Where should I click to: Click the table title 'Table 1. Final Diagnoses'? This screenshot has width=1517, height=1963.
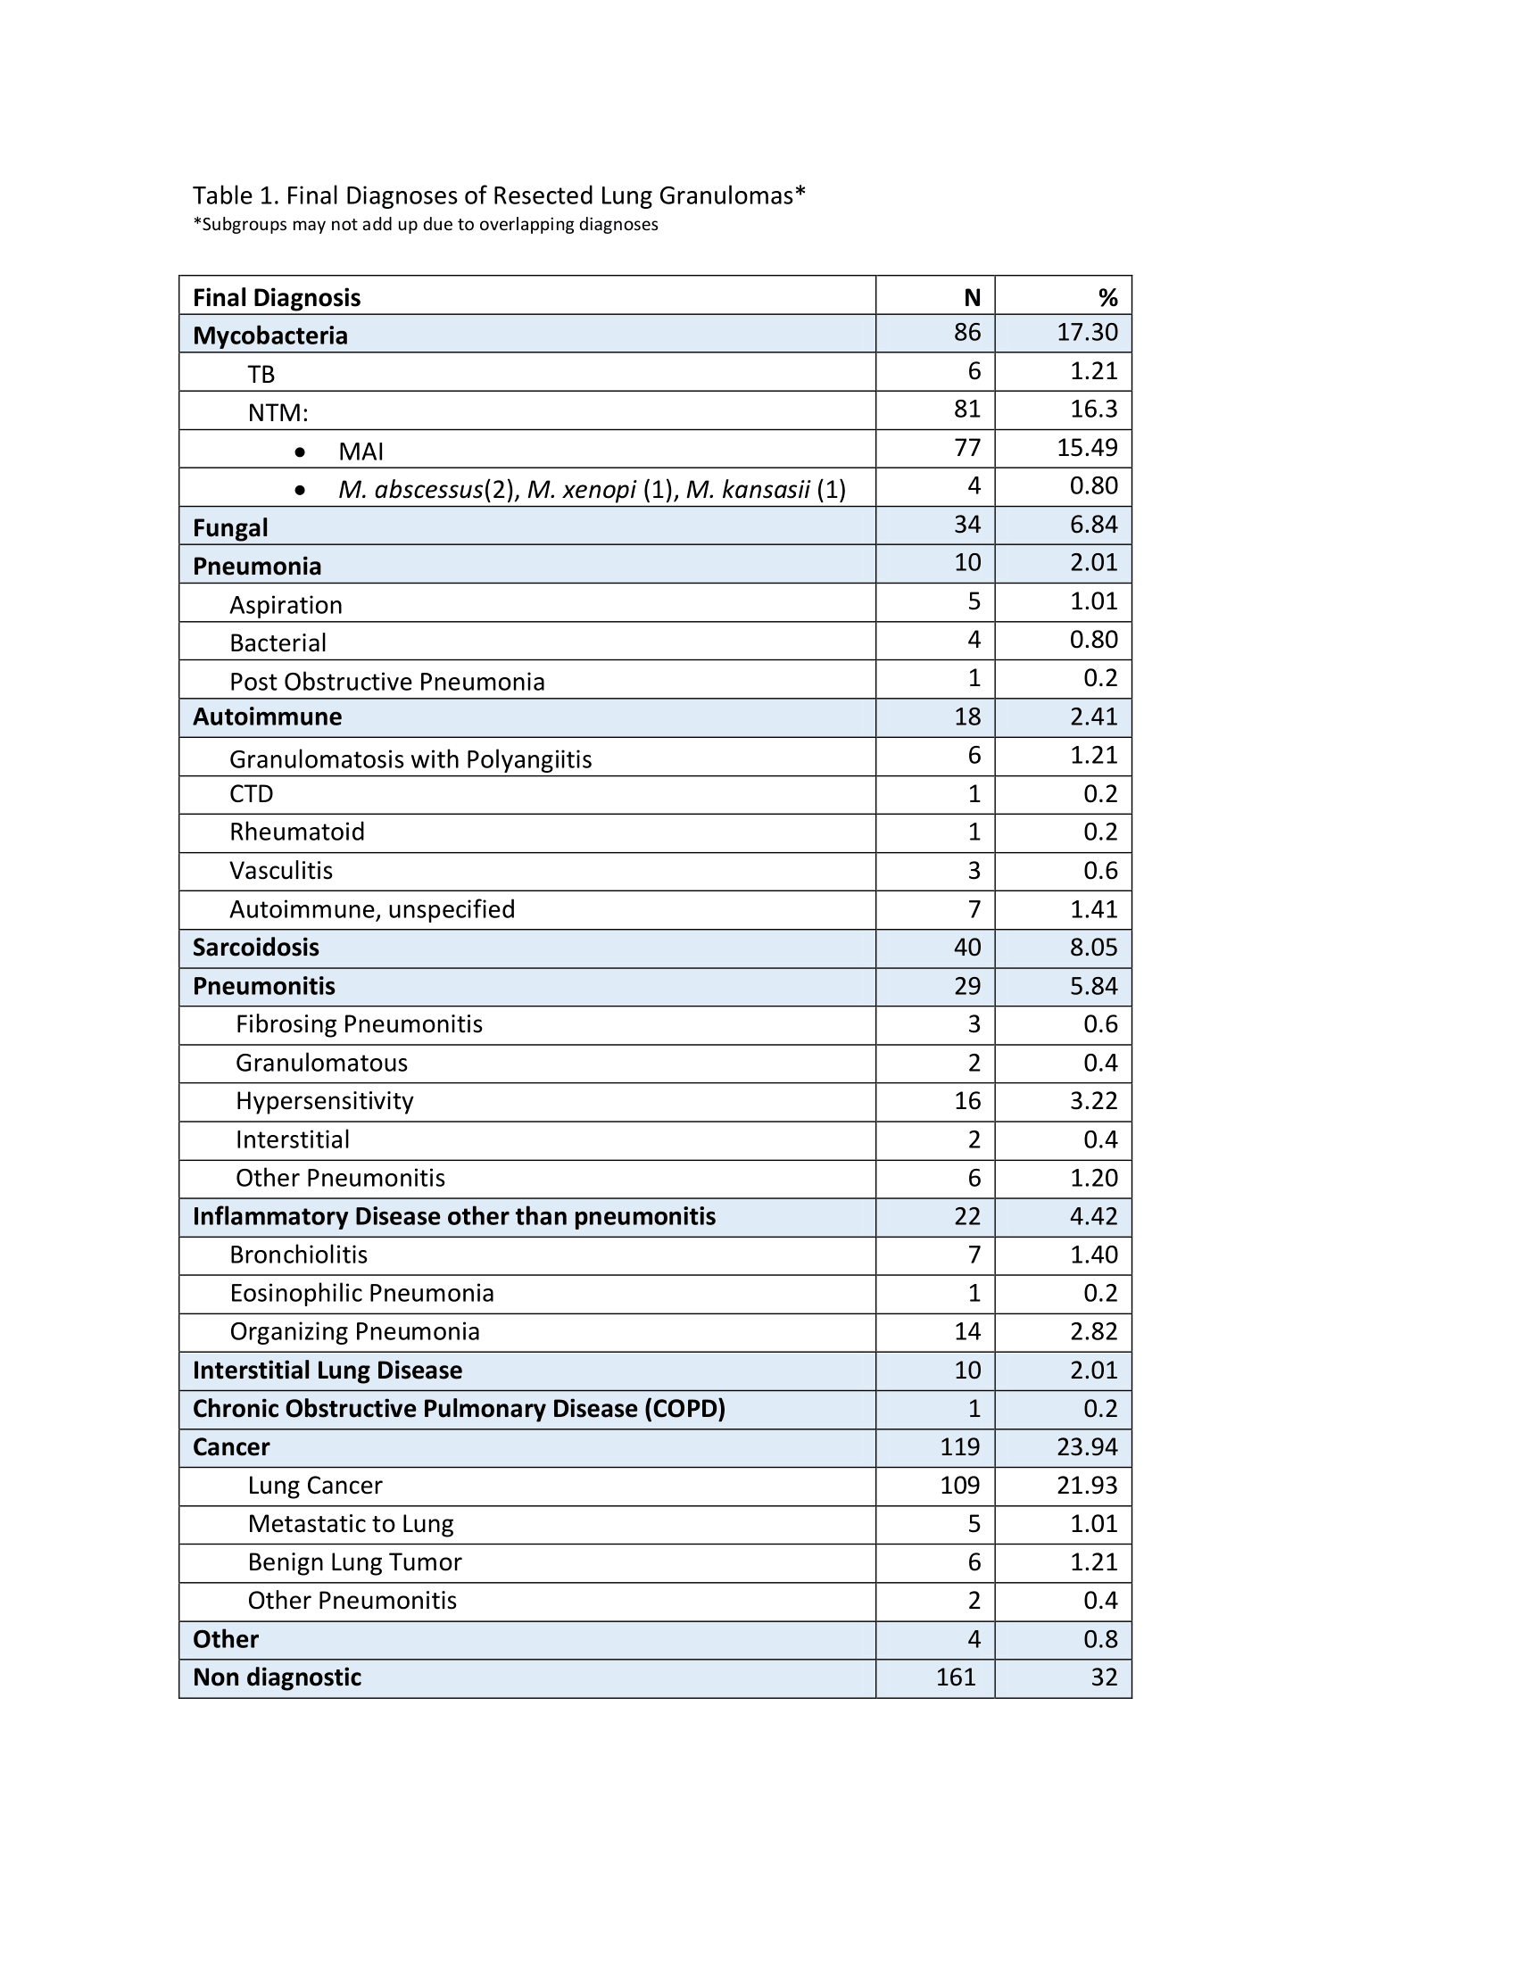(498, 195)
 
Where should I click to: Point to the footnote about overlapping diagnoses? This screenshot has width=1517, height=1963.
(425, 225)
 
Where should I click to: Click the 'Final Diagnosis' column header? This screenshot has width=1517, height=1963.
(276, 297)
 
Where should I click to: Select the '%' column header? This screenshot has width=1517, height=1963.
(1107, 297)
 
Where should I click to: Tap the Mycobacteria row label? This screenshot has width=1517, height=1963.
(269, 335)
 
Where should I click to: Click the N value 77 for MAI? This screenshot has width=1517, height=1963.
(967, 448)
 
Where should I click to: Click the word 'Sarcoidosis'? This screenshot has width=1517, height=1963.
(255, 948)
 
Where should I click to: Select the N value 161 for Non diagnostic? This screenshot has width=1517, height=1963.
(956, 1677)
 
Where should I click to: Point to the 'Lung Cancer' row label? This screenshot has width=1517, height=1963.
(314, 1485)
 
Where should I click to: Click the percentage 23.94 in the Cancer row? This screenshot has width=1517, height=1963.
(1087, 1446)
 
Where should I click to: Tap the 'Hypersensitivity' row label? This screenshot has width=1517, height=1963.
(325, 1101)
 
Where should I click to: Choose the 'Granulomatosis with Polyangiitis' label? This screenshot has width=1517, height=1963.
(410, 759)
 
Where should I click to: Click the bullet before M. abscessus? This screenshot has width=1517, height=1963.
(300, 490)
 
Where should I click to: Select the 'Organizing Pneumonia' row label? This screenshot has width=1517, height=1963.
(354, 1331)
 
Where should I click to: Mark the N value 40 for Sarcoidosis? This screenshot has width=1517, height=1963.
(967, 948)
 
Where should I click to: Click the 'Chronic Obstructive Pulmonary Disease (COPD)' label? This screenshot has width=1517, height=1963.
(459, 1408)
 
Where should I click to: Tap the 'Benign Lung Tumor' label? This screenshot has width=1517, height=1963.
(354, 1562)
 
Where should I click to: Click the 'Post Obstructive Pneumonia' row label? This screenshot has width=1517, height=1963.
(386, 682)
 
